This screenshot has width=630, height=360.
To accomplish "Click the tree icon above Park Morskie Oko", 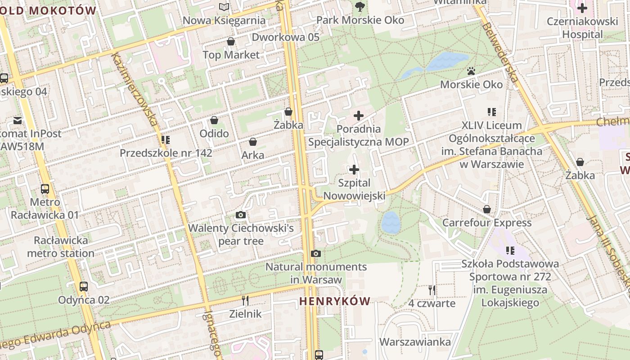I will click(360, 7).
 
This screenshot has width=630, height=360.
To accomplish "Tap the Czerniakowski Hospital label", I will click(582, 28).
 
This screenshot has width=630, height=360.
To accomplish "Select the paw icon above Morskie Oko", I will click(471, 71).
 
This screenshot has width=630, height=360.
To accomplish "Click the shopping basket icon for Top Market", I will click(231, 42).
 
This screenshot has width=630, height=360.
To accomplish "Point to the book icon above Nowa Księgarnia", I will click(224, 7).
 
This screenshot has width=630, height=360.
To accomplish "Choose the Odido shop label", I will click(214, 134).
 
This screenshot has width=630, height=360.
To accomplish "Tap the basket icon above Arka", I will click(253, 142).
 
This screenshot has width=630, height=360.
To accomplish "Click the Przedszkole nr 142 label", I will click(166, 153).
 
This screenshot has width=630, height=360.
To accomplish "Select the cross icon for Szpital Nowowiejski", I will click(354, 170).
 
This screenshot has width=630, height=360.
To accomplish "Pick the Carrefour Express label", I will click(487, 223).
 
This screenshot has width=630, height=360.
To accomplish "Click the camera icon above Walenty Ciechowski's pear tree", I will click(241, 215).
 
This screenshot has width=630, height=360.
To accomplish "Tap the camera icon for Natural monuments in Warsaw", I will click(316, 254).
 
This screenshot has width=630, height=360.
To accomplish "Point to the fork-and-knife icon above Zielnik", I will click(245, 300).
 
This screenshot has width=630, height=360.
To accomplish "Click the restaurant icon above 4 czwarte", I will click(432, 290).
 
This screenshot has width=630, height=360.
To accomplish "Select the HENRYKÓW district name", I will click(335, 301).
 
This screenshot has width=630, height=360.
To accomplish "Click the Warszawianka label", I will click(415, 342).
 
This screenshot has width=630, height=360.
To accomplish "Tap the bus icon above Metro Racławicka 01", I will click(45, 189).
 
